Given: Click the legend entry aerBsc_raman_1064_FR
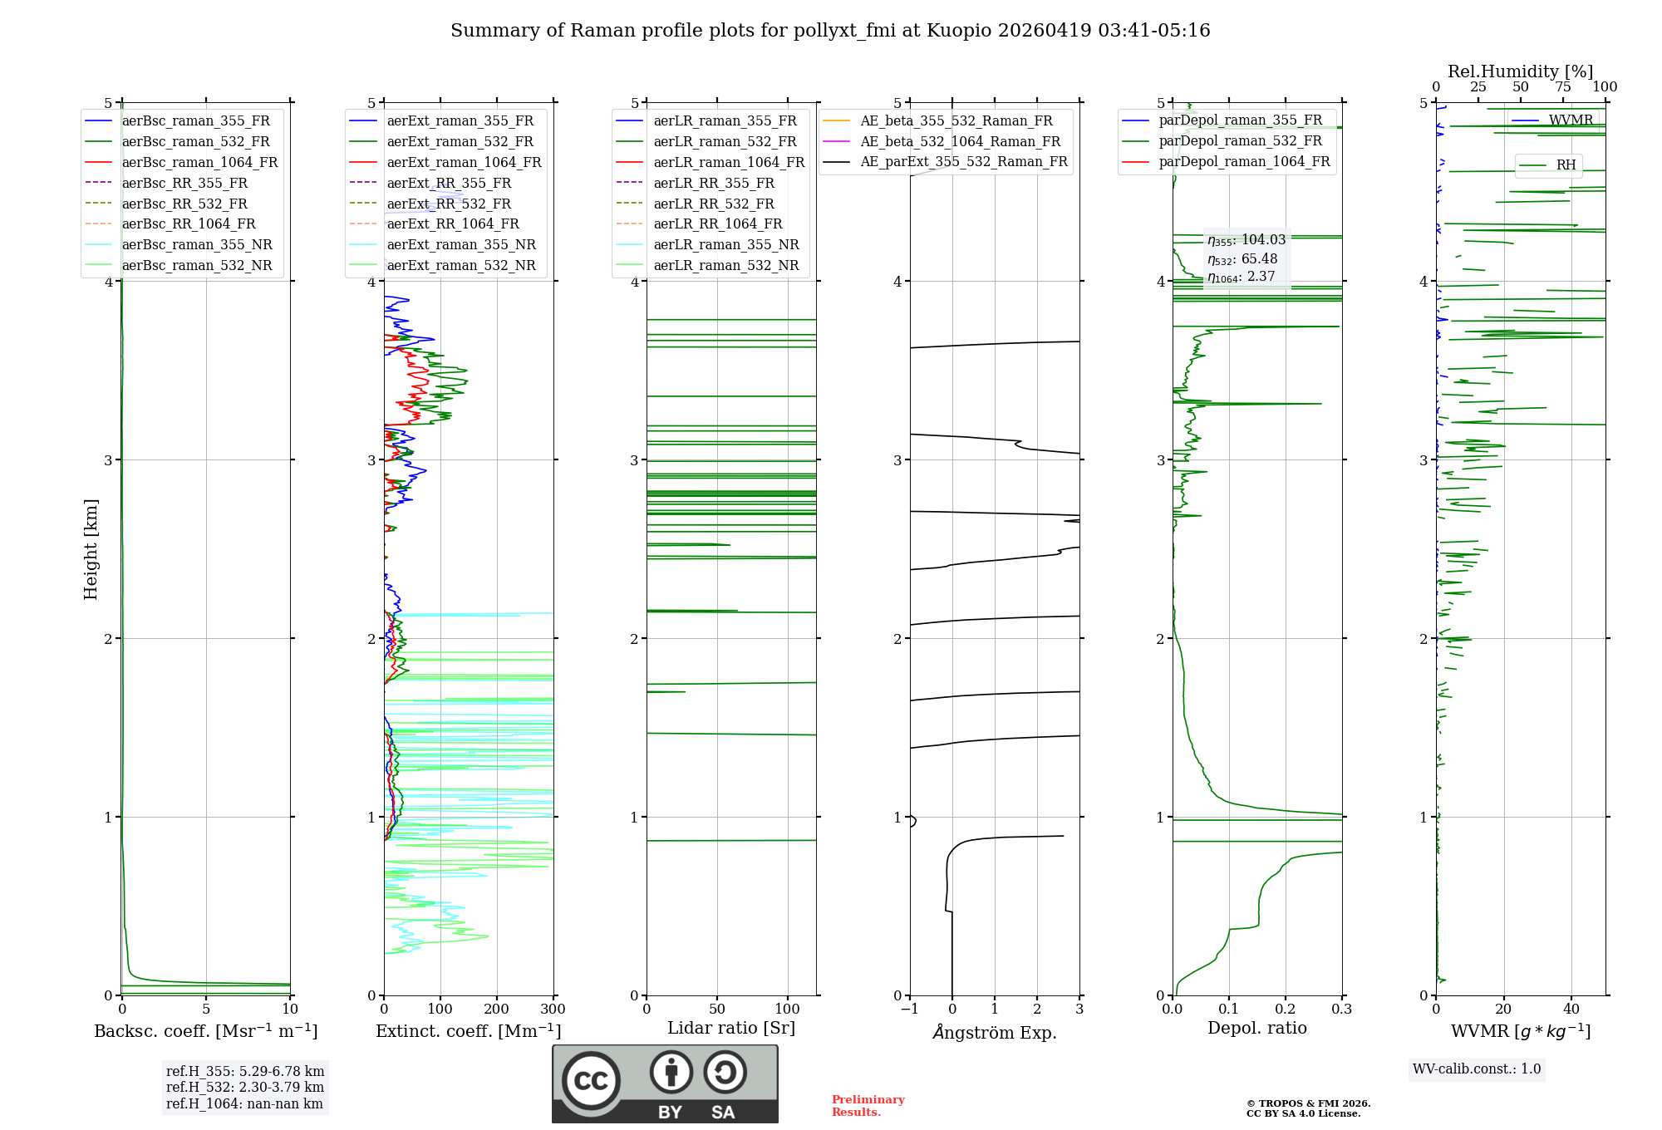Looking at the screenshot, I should [199, 163].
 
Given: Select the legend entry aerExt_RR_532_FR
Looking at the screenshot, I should [449, 204].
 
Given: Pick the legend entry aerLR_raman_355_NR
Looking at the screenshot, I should [725, 245].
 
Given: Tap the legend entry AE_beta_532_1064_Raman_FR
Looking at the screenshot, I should [960, 142].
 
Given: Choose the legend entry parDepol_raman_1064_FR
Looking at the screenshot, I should [1244, 162].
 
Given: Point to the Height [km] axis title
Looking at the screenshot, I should [91, 549].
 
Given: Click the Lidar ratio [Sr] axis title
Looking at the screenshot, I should [731, 1029].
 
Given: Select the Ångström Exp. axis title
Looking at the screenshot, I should [995, 1033].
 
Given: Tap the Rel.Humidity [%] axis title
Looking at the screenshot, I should [1520, 72].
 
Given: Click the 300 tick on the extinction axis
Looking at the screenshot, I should [553, 1010].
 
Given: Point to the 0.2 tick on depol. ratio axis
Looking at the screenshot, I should [1286, 1010].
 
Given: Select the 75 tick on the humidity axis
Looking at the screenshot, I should [1563, 87].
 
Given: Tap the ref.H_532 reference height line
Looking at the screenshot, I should [245, 1088].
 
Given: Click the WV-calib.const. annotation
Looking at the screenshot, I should [1477, 1069].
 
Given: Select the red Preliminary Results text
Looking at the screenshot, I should [868, 1106].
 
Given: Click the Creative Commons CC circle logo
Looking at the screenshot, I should [591, 1081].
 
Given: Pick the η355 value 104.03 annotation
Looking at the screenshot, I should [1246, 240].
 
